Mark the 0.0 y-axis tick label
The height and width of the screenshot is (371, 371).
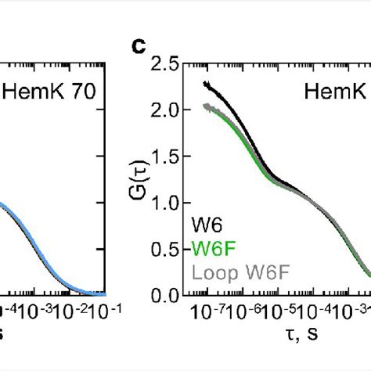(163, 295)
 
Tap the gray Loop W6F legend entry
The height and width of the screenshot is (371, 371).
(227, 272)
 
